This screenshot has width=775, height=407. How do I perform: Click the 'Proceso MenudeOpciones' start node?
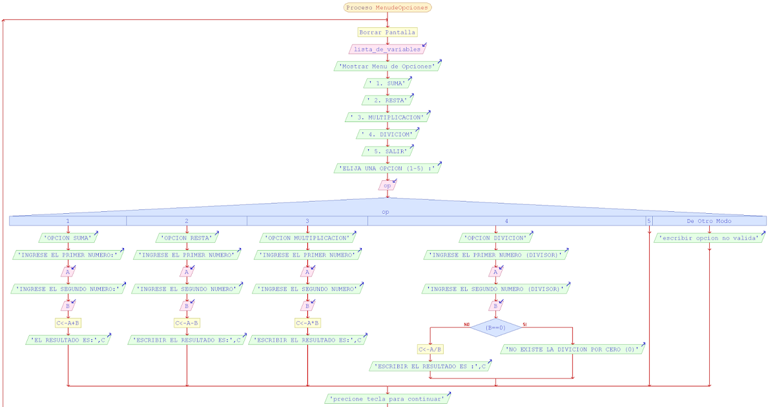coord(387,8)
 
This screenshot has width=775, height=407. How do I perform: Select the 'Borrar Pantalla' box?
coord(387,32)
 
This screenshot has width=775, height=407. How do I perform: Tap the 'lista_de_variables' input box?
coord(387,49)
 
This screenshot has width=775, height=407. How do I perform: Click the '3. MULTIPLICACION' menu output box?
coord(387,118)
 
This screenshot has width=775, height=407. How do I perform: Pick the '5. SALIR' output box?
coord(387,151)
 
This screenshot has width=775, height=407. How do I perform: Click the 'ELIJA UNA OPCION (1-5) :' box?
coord(387,168)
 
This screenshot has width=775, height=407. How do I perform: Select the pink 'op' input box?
coord(387,185)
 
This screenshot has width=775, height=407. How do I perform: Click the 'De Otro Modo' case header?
coord(708,221)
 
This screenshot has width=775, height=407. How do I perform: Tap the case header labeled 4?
coord(496,221)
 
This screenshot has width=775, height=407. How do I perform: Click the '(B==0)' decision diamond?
coord(495,328)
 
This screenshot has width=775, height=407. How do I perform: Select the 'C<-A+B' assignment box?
coord(67,322)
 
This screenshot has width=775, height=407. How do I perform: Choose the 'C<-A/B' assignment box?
coord(430,350)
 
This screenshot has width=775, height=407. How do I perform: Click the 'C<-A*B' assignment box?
coord(307,322)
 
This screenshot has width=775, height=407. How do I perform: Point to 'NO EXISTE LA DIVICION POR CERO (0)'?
coord(572,350)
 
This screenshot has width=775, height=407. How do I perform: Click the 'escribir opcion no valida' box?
coord(709,238)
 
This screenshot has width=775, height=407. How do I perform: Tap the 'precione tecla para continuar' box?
coord(387,399)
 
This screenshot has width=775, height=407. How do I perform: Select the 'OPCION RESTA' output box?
coord(186,238)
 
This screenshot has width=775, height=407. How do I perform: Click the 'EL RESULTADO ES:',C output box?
coord(67,340)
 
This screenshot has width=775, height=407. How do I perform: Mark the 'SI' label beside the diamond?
coord(524,324)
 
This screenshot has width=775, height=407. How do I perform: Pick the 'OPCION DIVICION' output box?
coord(495,238)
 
